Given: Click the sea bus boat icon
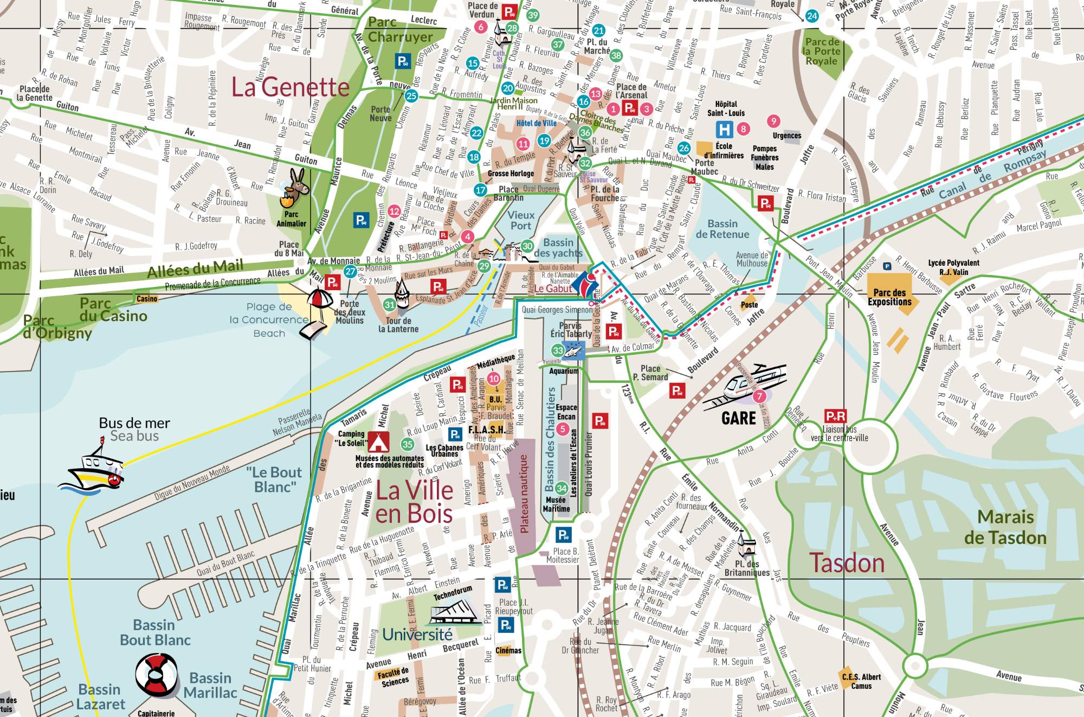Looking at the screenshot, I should [x=93, y=469].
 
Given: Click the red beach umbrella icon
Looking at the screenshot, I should [x=320, y=299].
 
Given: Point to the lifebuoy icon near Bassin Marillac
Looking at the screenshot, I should [x=157, y=675].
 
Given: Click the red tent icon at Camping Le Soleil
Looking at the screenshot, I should [x=378, y=442].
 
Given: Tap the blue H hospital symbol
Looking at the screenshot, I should [x=724, y=129].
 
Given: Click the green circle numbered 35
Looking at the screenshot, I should [x=407, y=444].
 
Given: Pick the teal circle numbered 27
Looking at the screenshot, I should [x=351, y=272].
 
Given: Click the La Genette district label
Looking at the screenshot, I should [x=290, y=87].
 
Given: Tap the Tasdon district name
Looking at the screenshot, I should [x=847, y=562].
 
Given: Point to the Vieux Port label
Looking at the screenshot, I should [x=521, y=220].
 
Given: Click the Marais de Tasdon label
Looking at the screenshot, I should [x=1005, y=527].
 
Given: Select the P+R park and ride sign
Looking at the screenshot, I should [x=835, y=416].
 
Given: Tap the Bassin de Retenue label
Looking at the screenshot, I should [x=722, y=229].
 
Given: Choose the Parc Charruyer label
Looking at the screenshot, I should [x=400, y=30].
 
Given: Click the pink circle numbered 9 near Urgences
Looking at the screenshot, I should [x=773, y=121].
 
